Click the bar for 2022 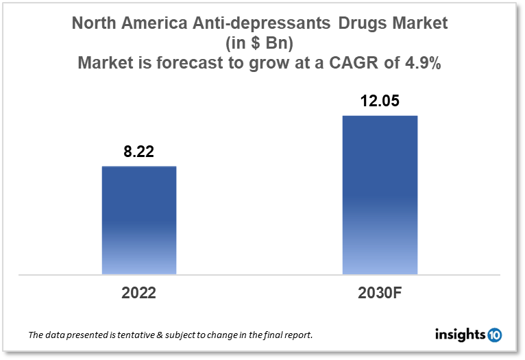139,220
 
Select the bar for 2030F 380,195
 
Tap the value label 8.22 138,152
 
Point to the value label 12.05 380,101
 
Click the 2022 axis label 138,293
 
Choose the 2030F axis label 380,293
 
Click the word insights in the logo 461,335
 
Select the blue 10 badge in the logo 494,335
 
